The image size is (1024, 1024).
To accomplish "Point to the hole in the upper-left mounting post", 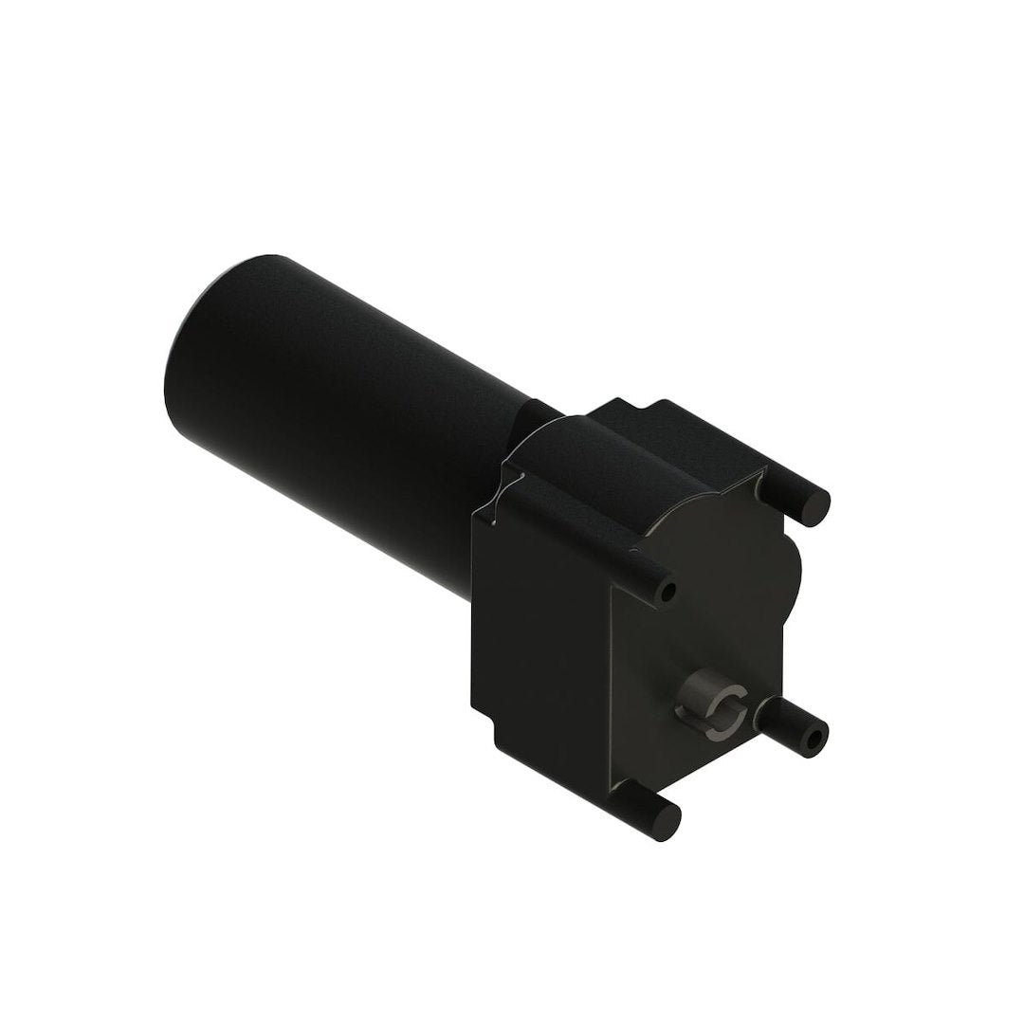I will point(669,593).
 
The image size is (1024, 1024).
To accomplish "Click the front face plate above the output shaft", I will point(702,607).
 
